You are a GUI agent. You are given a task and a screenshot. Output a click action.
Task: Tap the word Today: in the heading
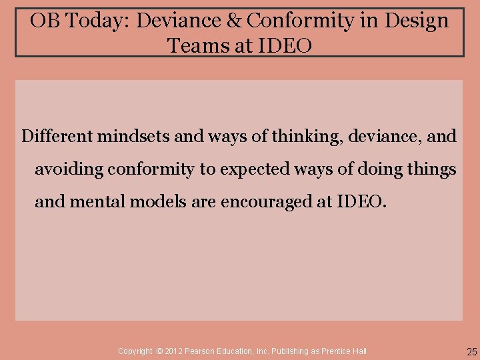pyautogui.click(x=98, y=21)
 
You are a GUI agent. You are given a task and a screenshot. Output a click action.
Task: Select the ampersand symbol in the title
pyautogui.click(x=235, y=21)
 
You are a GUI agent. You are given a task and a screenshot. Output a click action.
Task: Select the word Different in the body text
pyautogui.click(x=57, y=137)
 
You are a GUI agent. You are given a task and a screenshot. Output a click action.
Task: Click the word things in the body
pyautogui.click(x=431, y=169)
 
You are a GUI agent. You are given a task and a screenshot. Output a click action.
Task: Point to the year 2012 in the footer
pyautogui.click(x=176, y=351)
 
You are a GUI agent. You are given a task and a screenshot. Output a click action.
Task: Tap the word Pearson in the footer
pyautogui.click(x=204, y=351)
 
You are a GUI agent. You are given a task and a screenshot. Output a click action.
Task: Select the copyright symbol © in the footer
pyautogui.click(x=160, y=351)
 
